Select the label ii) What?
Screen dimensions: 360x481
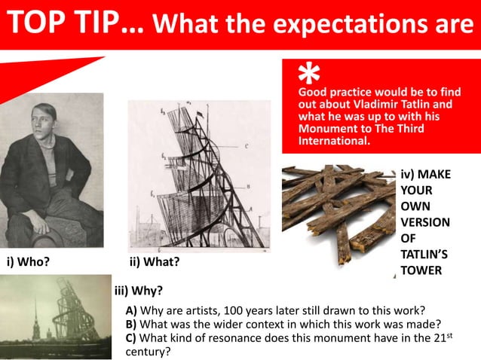pos(155,262)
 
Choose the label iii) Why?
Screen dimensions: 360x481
pos(138,289)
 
